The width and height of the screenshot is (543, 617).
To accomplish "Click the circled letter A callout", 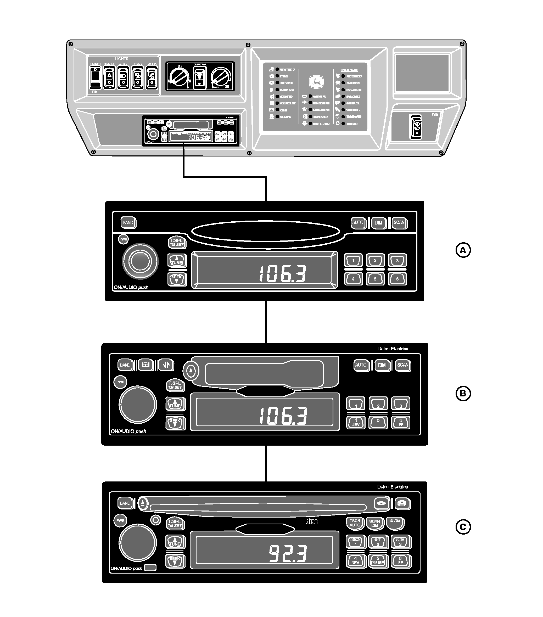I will point(463,250).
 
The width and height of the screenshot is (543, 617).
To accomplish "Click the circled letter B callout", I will point(463,393).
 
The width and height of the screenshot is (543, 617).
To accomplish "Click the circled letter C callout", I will point(463,527).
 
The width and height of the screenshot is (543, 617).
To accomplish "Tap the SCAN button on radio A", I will point(399,223).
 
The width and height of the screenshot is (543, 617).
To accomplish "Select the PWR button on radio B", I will point(120,382).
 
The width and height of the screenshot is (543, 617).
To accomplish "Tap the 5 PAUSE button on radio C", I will point(378,561).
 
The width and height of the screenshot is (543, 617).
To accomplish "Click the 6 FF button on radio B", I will point(401,422).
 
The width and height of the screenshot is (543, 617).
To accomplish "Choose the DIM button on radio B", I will point(382,365).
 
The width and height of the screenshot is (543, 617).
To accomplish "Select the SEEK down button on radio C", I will point(175,560).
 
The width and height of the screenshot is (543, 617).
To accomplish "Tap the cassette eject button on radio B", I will point(191,371).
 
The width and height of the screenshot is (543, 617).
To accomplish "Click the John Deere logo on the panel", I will point(316,82).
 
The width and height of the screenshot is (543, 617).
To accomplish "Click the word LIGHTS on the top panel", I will point(122,59).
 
